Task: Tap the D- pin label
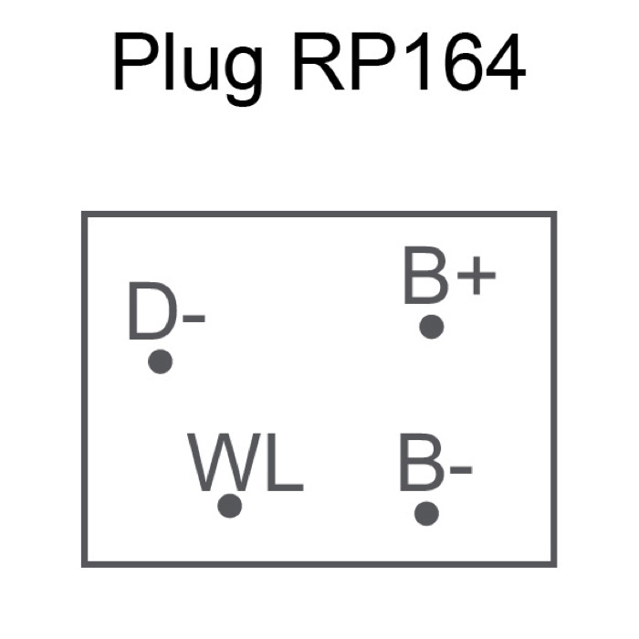coord(166,310)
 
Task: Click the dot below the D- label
coord(160,361)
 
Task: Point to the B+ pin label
coord(449,276)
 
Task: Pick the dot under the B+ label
coord(432,327)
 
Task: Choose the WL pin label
coord(246,463)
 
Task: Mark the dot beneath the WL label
coord(230,506)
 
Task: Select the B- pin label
coord(435,463)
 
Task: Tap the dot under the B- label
coord(426,513)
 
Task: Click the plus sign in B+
coord(477,275)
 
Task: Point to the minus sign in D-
coord(194,319)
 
